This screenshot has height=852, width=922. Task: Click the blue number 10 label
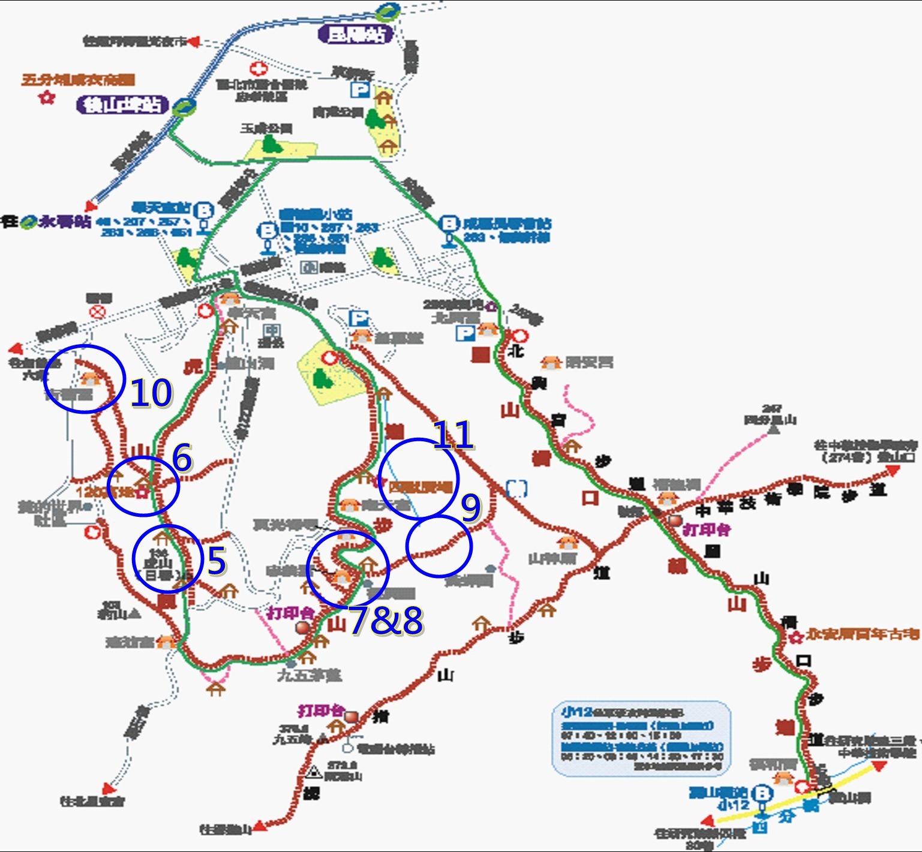tap(151, 394)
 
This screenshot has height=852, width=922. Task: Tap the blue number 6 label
tap(182, 458)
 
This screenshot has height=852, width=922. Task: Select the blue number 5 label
tap(216, 561)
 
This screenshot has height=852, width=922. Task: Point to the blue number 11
tap(453, 435)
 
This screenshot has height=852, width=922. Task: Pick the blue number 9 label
tap(471, 507)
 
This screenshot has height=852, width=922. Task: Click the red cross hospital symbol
tap(258, 69)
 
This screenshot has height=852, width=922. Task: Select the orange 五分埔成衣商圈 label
tap(78, 80)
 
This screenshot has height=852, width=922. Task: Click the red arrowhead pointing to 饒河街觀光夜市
tap(193, 42)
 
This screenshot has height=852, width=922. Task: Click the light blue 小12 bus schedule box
tap(641, 739)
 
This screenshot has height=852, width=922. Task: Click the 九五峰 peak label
tap(293, 739)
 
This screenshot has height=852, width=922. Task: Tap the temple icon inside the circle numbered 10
tap(90, 378)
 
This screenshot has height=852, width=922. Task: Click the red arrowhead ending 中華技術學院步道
tap(893, 471)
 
